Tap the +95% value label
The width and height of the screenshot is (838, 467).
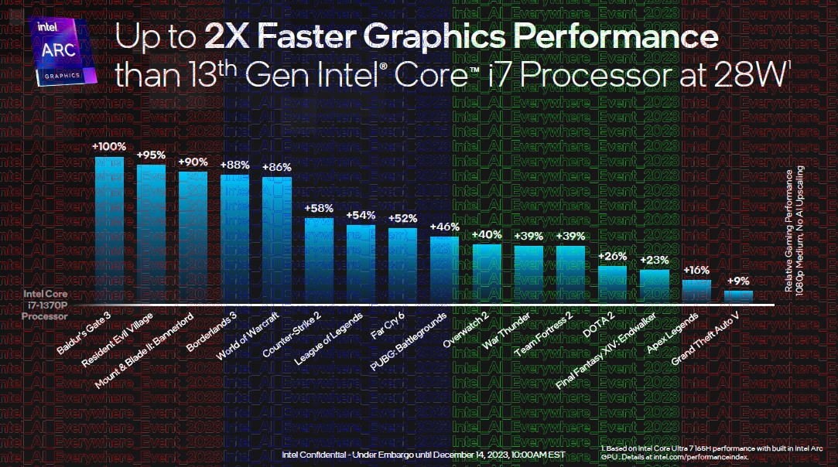tap(151, 155)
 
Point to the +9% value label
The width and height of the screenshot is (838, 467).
tap(738, 281)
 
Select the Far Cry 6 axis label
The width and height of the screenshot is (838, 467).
tap(384, 328)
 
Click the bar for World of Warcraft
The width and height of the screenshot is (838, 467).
tap(277, 240)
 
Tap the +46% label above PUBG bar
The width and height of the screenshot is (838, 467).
tap(445, 227)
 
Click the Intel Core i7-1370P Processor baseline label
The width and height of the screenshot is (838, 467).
tap(45, 305)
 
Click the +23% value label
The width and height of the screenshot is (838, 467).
tap(654, 260)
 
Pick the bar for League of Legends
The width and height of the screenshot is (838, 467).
tap(361, 264)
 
